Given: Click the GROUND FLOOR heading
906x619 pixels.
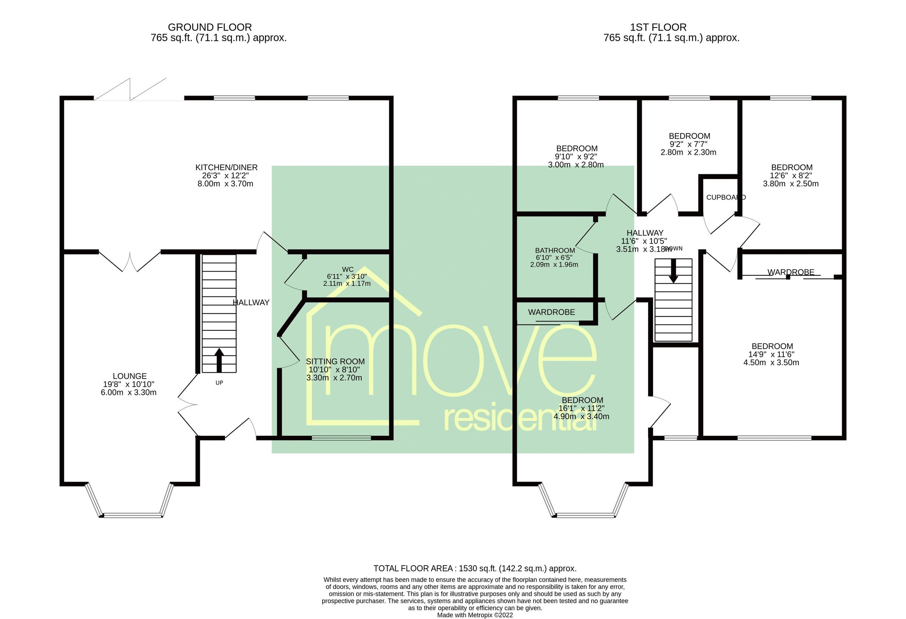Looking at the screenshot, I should (x=210, y=27).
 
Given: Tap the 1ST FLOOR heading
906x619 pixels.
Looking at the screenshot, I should (x=658, y=27).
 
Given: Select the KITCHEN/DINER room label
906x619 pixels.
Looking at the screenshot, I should (x=226, y=167).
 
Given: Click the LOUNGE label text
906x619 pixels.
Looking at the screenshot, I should (x=129, y=376).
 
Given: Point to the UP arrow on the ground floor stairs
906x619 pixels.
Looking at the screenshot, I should (x=219, y=359).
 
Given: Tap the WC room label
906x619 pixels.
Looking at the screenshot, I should (x=347, y=270).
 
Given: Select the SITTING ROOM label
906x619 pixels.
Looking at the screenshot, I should (x=335, y=361).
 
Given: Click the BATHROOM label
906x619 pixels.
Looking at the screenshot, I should (x=555, y=250).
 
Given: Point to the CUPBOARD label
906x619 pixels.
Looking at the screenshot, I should (x=726, y=198).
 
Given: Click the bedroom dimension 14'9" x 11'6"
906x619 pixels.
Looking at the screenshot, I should (x=771, y=355).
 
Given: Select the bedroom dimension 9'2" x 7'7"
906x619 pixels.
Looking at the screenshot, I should (x=689, y=144).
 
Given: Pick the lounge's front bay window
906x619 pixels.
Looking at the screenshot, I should (x=133, y=515).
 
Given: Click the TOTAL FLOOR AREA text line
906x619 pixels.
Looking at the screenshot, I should (x=475, y=568).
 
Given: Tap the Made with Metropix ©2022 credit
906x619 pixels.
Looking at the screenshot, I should (x=475, y=615).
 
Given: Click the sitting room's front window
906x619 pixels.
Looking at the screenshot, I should (x=341, y=438).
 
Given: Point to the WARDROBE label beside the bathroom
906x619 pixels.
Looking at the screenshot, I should (x=551, y=312).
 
